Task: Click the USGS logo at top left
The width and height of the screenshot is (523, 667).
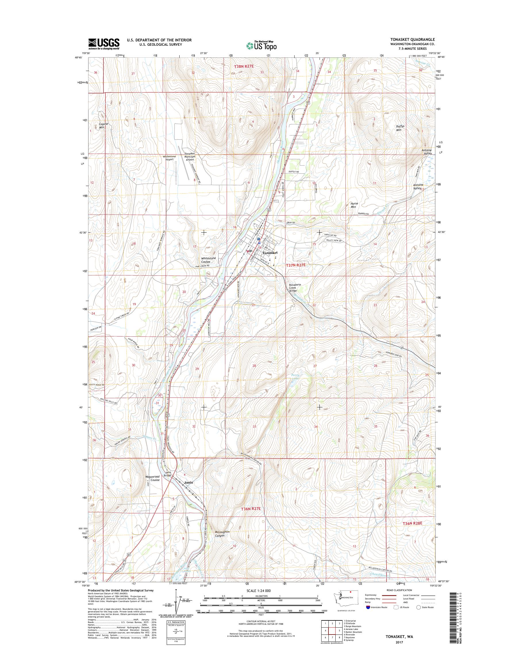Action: click(x=104, y=44)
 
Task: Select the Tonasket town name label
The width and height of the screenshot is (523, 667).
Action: click(x=270, y=253)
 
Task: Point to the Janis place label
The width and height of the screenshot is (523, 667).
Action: click(x=189, y=482)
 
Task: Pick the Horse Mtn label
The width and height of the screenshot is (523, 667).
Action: click(x=354, y=205)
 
